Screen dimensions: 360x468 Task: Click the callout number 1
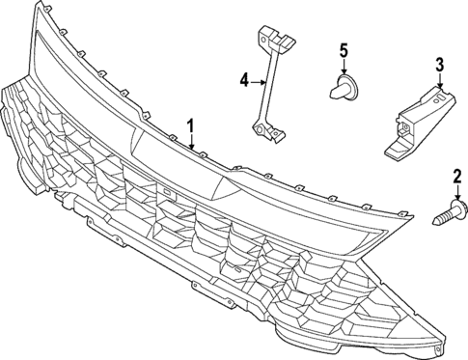click(191, 125)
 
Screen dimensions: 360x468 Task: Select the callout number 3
click(439, 65)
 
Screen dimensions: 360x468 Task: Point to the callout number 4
click(245, 80)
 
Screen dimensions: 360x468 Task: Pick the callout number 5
click(342, 49)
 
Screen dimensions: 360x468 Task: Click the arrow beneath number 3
click(440, 83)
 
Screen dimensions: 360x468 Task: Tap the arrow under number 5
click(343, 67)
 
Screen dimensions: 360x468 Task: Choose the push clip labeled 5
click(343, 88)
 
